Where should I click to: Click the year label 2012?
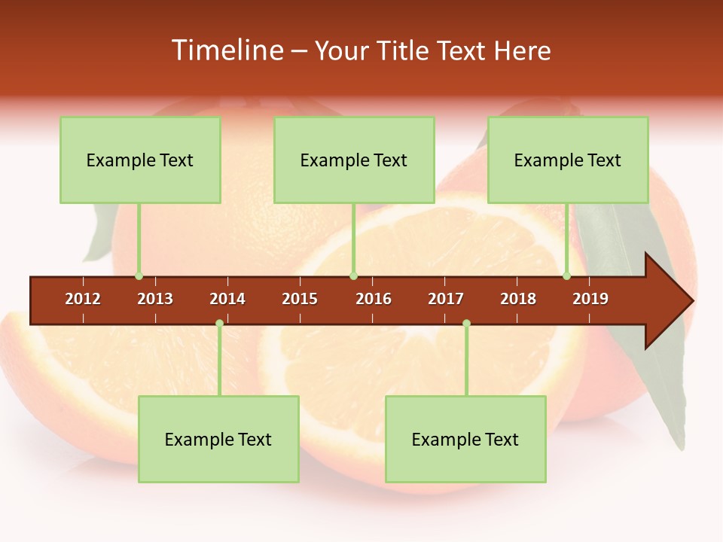[83, 299]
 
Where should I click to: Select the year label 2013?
[155, 299]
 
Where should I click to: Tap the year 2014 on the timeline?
[227, 299]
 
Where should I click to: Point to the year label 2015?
[300, 299]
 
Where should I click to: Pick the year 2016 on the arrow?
[374, 299]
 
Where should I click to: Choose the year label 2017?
[446, 299]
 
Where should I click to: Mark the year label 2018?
[518, 299]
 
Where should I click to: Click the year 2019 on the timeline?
[590, 299]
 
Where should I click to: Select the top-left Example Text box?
[140, 160]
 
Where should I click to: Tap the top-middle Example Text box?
[354, 160]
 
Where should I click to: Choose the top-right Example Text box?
[568, 160]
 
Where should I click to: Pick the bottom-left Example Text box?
[218, 439]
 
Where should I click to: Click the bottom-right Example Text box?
[465, 439]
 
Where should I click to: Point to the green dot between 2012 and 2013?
[139, 276]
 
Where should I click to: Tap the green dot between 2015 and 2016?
[353, 276]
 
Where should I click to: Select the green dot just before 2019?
[566, 276]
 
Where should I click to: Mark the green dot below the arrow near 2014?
[219, 324]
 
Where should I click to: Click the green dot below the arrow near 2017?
[466, 324]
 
